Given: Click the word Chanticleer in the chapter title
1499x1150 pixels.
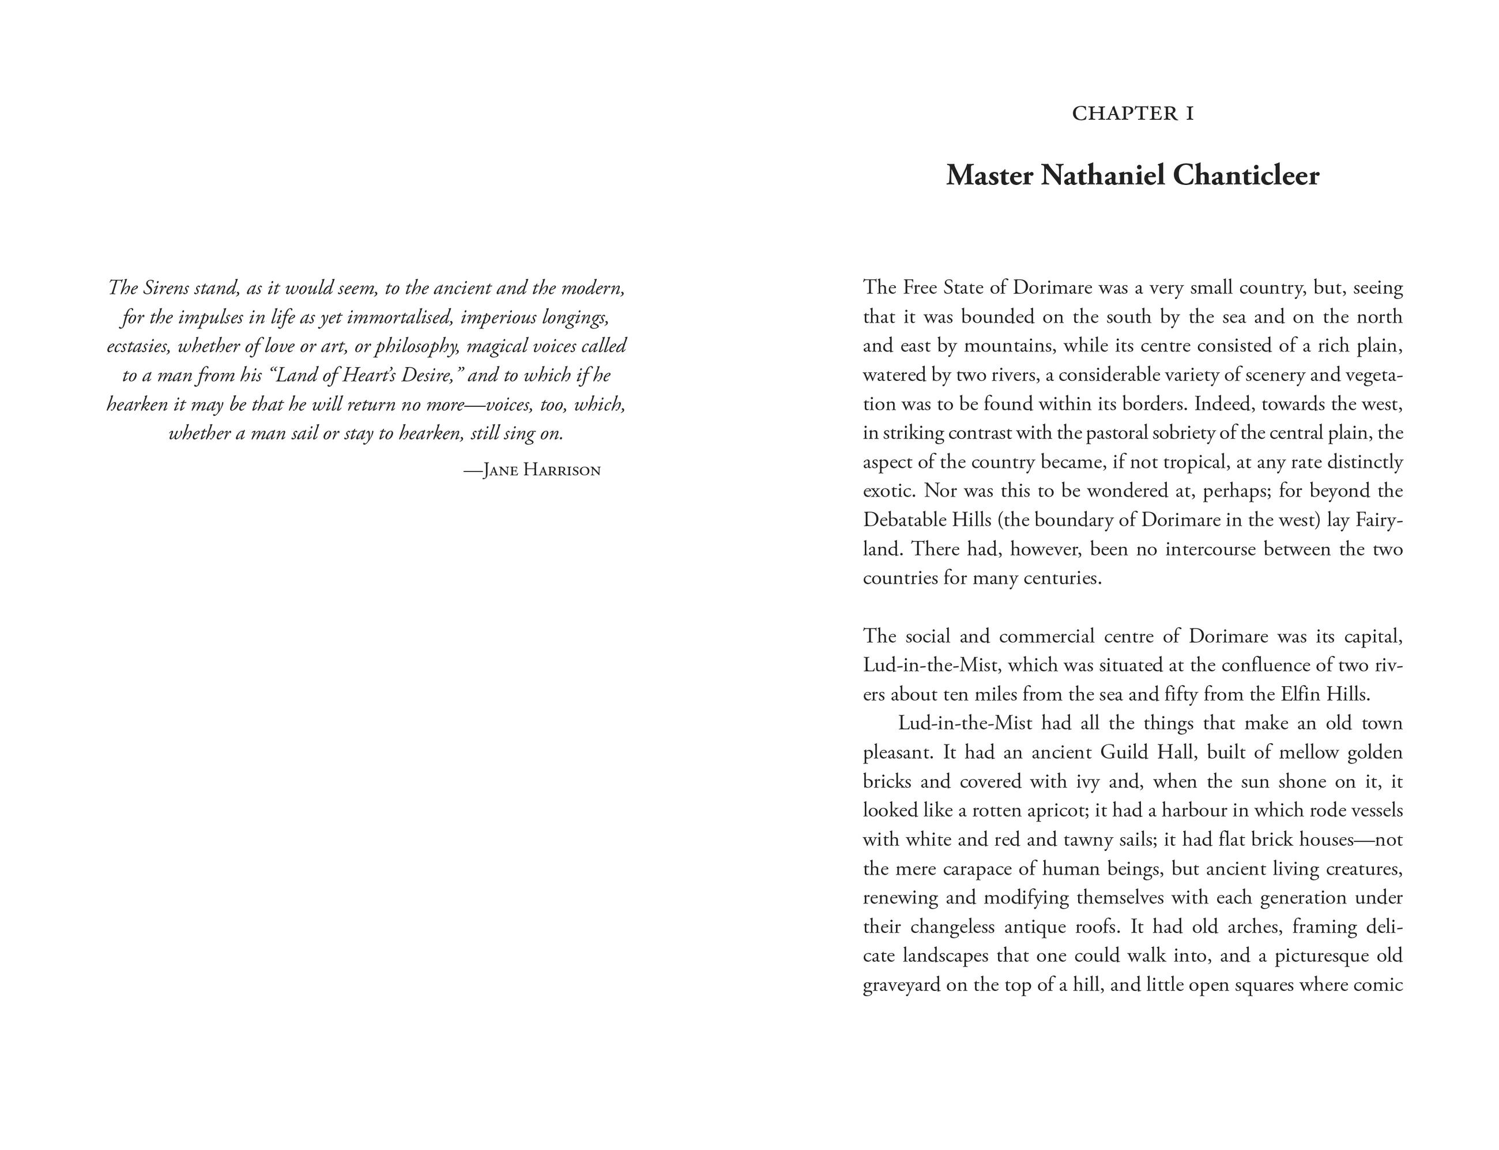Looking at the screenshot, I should [1246, 176].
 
